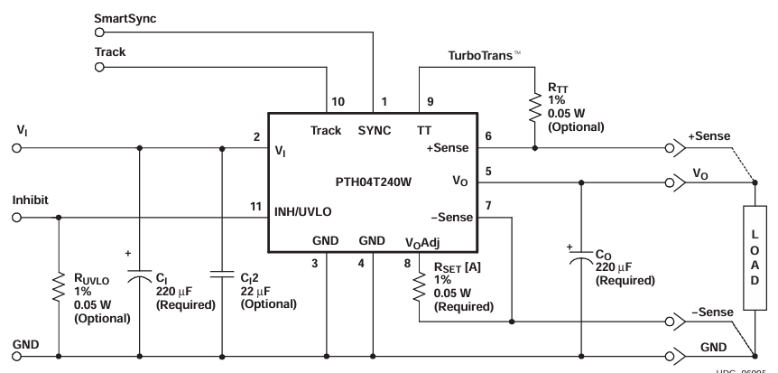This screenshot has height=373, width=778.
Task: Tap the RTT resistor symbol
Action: (533, 107)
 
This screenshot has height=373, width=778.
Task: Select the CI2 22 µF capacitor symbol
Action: (221, 276)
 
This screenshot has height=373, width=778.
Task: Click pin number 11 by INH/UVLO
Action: (255, 207)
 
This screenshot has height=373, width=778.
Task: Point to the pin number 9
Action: (429, 101)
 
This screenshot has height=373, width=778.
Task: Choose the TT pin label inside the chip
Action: (424, 130)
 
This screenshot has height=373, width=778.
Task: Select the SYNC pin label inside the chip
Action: (375, 130)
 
